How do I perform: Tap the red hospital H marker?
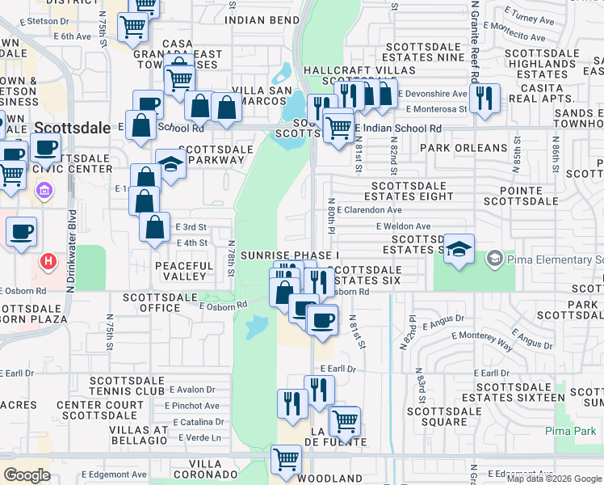(49, 262)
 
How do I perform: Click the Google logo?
(27, 475)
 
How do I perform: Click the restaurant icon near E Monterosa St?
(484, 98)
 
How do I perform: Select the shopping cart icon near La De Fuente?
(345, 420)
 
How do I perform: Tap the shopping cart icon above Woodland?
(287, 459)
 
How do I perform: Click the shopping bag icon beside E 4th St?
(153, 226)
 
